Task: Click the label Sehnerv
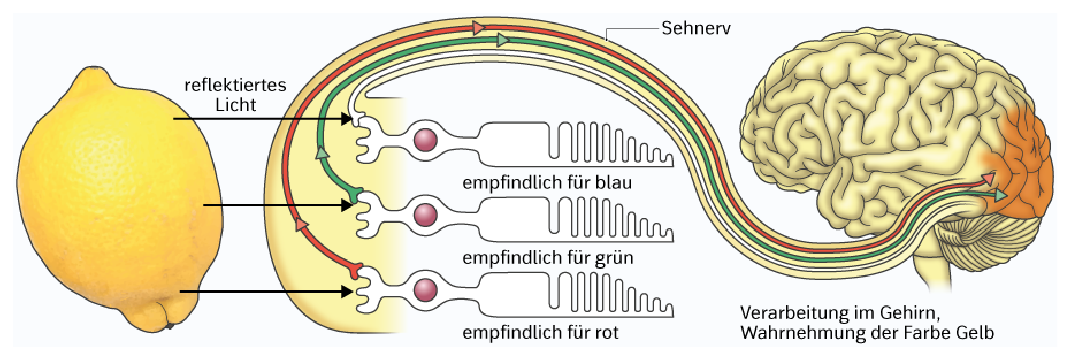click(696, 28)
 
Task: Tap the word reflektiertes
click(235, 85)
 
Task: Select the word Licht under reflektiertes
click(235, 105)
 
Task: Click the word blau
click(613, 183)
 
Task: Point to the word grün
click(614, 258)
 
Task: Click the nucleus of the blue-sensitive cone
click(426, 140)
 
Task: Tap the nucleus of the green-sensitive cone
click(426, 215)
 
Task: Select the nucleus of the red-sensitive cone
click(426, 289)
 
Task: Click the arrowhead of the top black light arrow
click(347, 119)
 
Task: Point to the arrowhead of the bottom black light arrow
click(347, 292)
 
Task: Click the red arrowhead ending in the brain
click(988, 179)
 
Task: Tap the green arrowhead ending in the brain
click(1001, 196)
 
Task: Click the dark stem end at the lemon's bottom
click(170, 327)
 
